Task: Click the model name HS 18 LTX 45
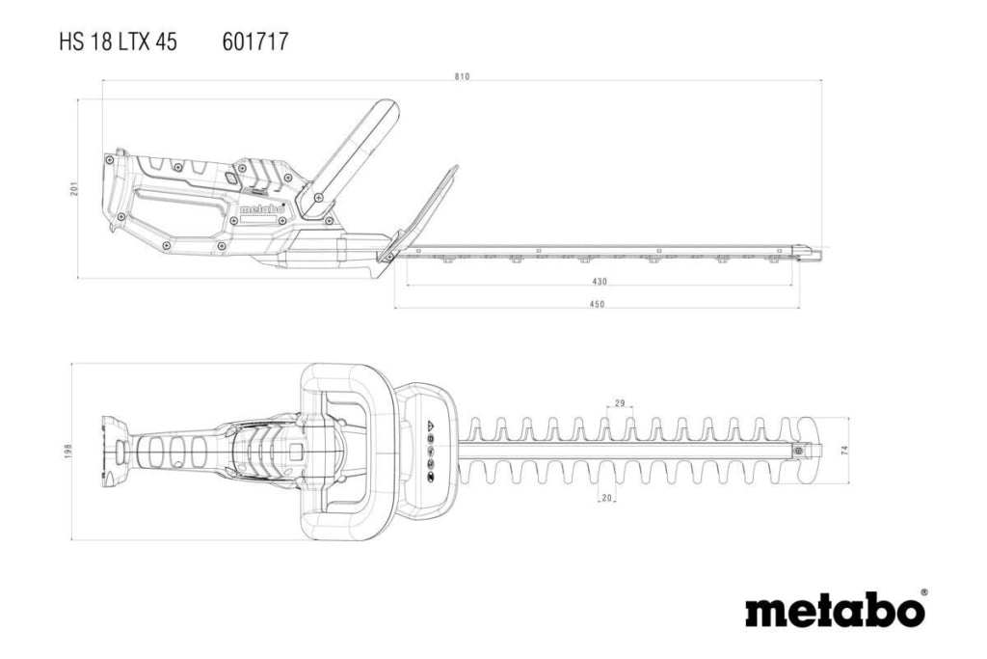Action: click(x=119, y=42)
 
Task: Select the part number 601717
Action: click(x=254, y=42)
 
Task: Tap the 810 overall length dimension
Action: click(x=462, y=77)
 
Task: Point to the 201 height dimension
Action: click(x=73, y=188)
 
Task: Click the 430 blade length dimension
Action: click(x=600, y=282)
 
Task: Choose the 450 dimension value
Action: click(x=597, y=304)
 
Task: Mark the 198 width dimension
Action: click(x=68, y=452)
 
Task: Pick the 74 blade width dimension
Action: click(x=844, y=450)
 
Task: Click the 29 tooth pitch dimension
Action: click(x=620, y=403)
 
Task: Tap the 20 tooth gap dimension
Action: click(x=607, y=498)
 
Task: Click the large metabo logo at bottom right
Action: click(x=835, y=609)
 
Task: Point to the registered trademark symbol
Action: click(x=923, y=592)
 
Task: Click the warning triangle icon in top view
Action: click(x=431, y=425)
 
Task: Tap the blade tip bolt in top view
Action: click(x=799, y=451)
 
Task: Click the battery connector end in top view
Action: click(x=116, y=452)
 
